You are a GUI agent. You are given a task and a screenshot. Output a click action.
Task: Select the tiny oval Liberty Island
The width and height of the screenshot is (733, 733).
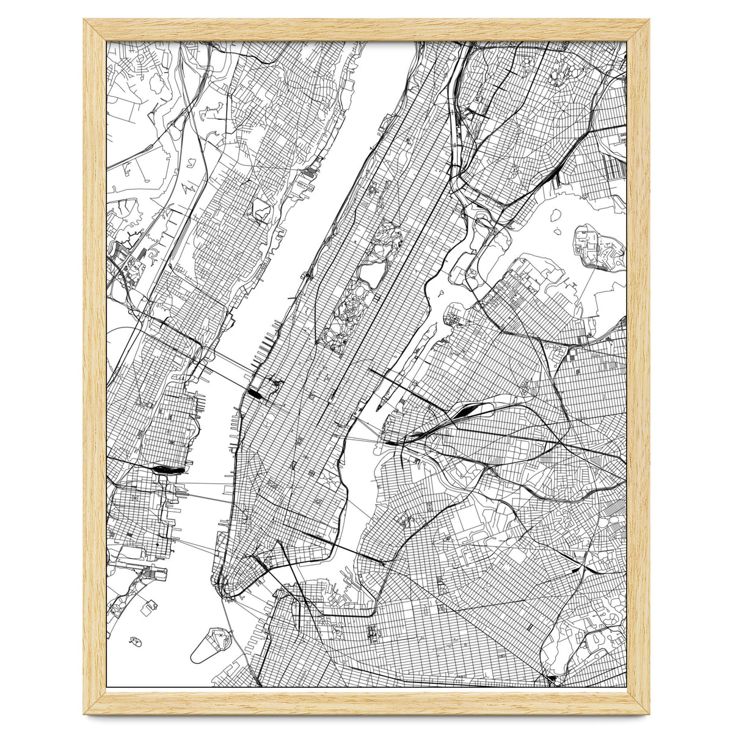pos(136,641)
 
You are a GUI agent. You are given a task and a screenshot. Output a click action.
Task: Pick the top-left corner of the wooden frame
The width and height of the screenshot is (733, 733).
pos(86,21)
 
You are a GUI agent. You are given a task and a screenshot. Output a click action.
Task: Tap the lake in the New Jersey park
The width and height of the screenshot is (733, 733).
pos(261,210)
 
